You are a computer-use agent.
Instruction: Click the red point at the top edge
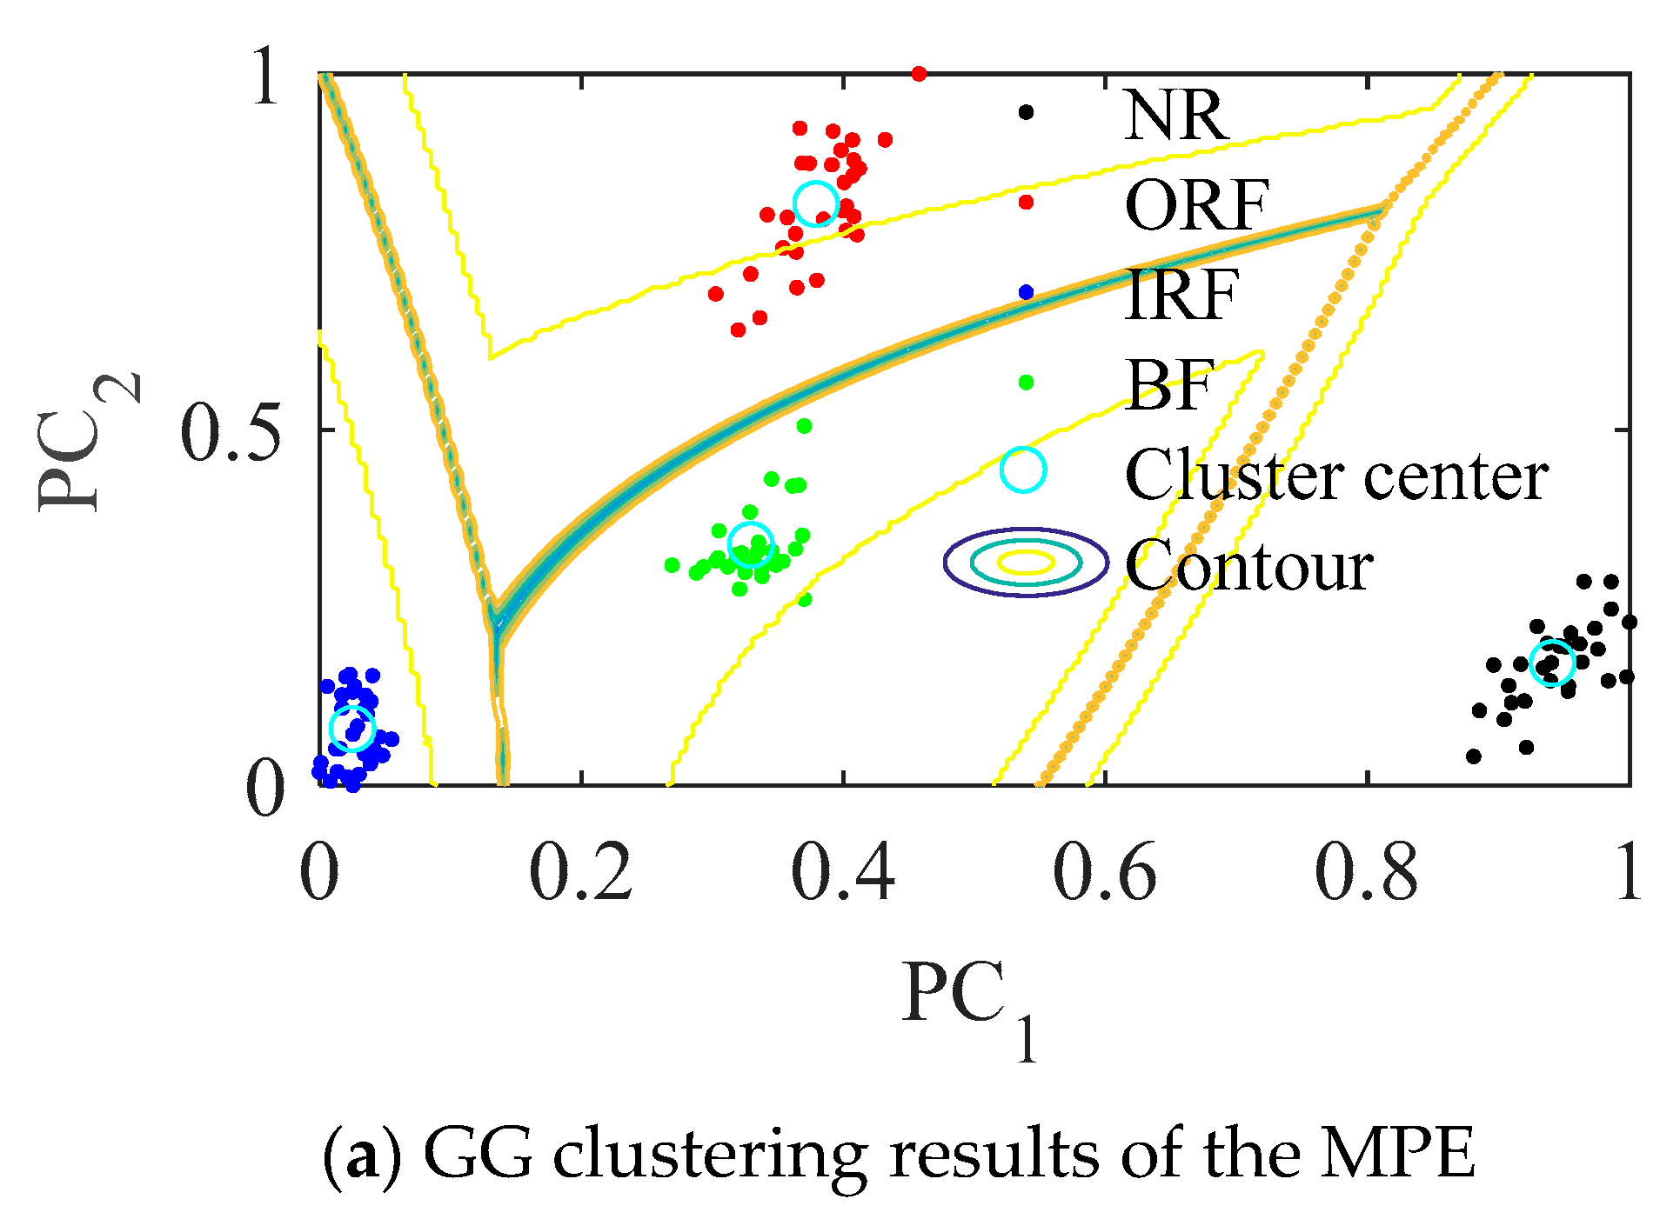pyautogui.click(x=919, y=74)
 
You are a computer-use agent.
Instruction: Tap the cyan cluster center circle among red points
pyautogui.click(x=815, y=203)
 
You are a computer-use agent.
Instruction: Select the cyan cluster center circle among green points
pyautogui.click(x=750, y=544)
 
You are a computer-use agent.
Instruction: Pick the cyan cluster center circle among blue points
pyautogui.click(x=352, y=729)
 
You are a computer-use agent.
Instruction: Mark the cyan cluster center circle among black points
pyautogui.click(x=1552, y=663)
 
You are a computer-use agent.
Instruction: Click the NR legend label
pyautogui.click(x=1176, y=115)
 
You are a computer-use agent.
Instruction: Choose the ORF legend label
pyautogui.click(x=1197, y=205)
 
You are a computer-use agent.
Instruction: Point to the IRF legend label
pyautogui.click(x=1181, y=295)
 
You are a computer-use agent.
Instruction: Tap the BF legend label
pyautogui.click(x=1168, y=384)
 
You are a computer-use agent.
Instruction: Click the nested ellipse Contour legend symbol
pyautogui.click(x=1027, y=562)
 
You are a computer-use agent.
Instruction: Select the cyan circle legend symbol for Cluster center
pyautogui.click(x=1023, y=470)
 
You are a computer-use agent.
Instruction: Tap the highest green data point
pyautogui.click(x=804, y=426)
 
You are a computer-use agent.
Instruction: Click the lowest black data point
pyautogui.click(x=1474, y=756)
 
